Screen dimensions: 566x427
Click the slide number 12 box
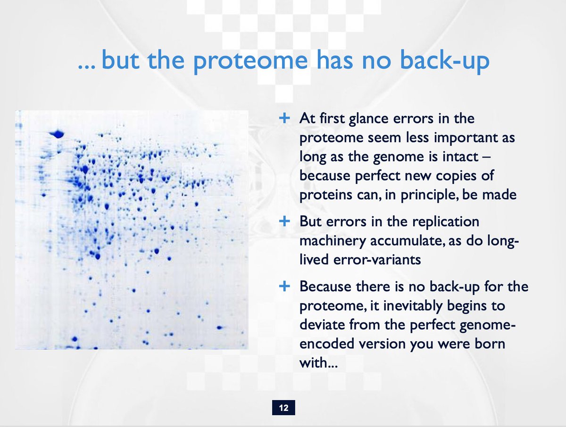click(283, 407)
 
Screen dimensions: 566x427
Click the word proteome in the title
click(250, 62)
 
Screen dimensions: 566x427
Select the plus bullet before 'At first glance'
click(284, 118)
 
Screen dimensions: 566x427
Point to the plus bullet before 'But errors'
click(284, 221)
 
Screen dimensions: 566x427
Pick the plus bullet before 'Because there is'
click(284, 286)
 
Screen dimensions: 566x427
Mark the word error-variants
click(377, 260)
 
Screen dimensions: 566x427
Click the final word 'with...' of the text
click(318, 362)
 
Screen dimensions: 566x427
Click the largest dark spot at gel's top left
click(57, 134)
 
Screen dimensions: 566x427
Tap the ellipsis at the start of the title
click(86, 68)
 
